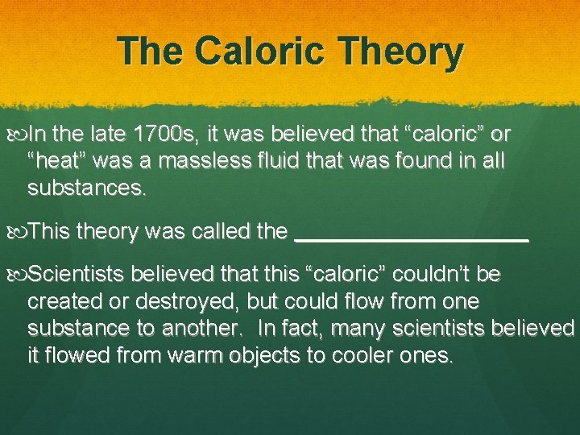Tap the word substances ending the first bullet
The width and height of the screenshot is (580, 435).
click(87, 189)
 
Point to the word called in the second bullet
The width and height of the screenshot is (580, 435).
click(220, 232)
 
